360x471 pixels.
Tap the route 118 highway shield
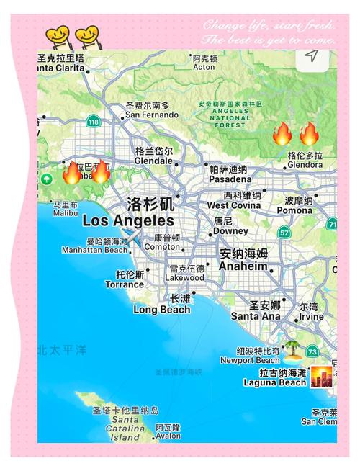tap(93, 122)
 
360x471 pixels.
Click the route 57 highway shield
tap(285, 233)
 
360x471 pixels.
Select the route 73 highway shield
tap(312, 351)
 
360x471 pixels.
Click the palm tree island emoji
tap(293, 351)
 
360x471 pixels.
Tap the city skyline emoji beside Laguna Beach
tap(321, 377)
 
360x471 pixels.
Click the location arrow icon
tap(311, 56)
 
